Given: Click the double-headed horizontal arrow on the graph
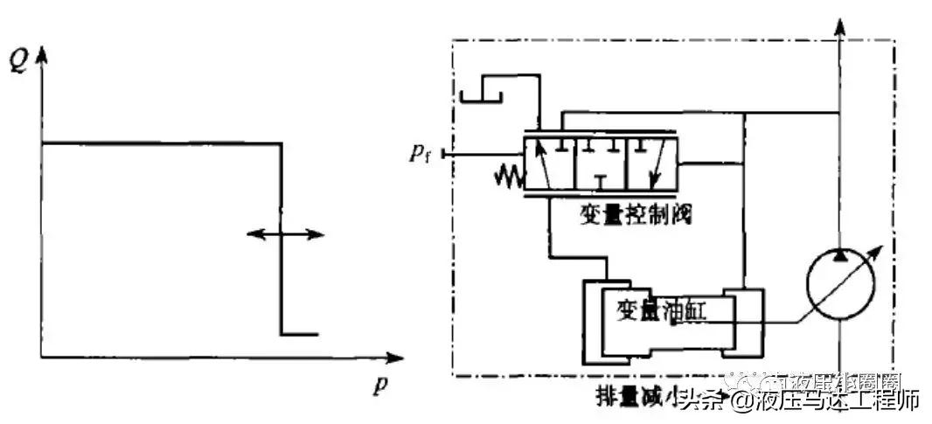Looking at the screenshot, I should (x=284, y=234).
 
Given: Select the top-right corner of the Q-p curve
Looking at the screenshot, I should (x=281, y=143).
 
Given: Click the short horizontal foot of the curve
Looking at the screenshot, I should (x=299, y=334).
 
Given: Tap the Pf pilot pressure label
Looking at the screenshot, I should (x=421, y=155).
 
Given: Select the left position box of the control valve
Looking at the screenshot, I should (x=547, y=164).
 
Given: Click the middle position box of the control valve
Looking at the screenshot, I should (x=601, y=164).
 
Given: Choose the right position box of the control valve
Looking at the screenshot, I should (x=652, y=164).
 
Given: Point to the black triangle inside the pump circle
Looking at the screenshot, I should (x=839, y=255).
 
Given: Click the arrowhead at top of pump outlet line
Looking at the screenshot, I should (x=840, y=24).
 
